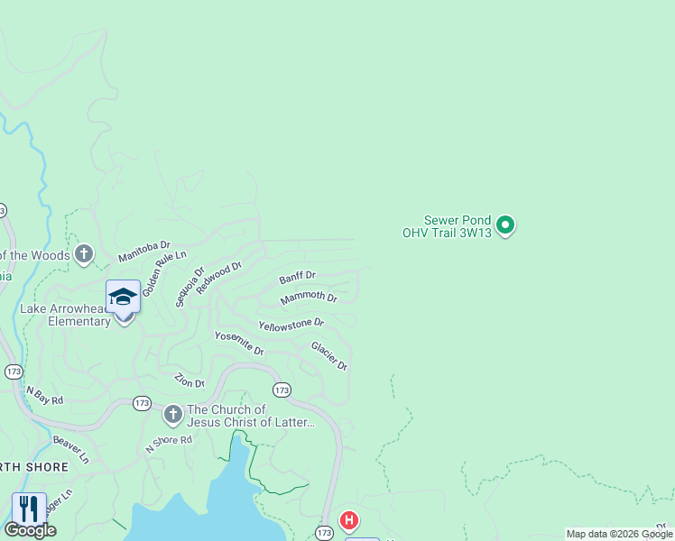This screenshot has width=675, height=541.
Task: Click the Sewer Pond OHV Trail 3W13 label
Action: coord(458,225)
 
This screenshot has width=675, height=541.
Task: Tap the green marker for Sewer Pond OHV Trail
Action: coord(506,225)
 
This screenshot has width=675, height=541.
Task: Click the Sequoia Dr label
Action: coord(190,286)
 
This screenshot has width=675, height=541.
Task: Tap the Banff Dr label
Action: coord(297,277)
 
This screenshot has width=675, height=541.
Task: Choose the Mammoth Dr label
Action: coord(309,298)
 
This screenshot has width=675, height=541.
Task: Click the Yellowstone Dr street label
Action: coord(291,324)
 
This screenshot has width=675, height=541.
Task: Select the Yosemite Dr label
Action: coord(239,343)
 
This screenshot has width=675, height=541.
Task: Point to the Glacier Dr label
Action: coord(329,355)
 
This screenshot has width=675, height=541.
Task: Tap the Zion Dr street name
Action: coord(189,379)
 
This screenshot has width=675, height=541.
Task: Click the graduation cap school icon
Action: coord(123,297)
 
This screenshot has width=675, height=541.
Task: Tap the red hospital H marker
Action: coord(348,520)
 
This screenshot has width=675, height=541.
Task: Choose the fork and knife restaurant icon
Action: coord(29,509)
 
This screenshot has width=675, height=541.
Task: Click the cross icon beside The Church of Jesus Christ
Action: coord(172,415)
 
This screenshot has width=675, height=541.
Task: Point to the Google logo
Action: coord(30,530)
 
